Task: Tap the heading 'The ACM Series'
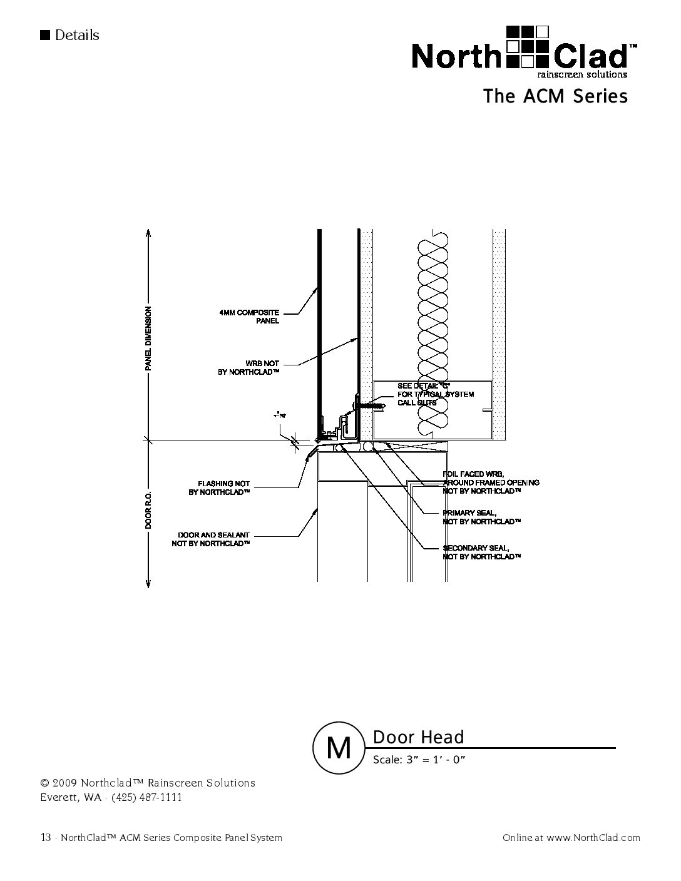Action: point(555,96)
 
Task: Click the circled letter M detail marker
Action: point(339,748)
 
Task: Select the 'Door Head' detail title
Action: point(418,737)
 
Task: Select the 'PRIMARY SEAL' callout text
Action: point(481,517)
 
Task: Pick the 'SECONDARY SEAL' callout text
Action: point(481,552)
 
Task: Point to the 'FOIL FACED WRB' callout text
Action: point(490,482)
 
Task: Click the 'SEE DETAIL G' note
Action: point(436,394)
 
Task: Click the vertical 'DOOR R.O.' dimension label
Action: point(148,510)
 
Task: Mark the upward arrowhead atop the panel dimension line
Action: point(148,233)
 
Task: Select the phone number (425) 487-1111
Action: point(146,797)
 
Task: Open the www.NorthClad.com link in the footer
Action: point(593,837)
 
